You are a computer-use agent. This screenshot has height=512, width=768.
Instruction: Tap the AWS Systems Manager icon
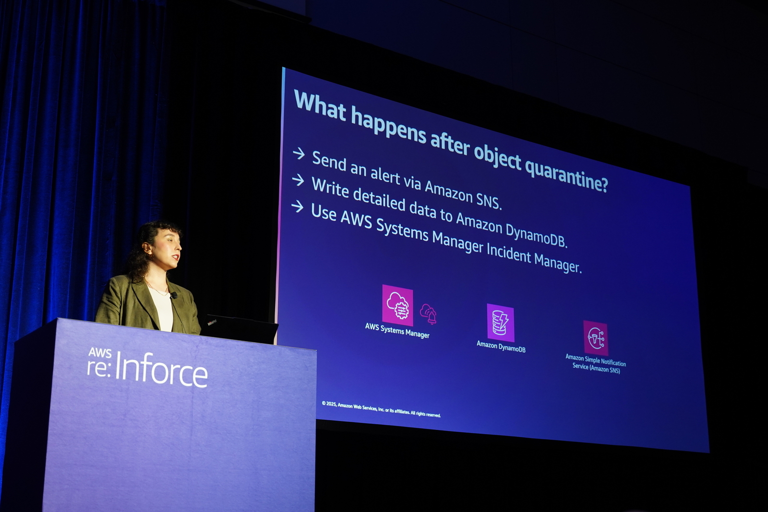(398, 305)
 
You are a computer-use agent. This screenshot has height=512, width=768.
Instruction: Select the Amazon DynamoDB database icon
(501, 322)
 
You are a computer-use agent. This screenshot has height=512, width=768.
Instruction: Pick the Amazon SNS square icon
(596, 338)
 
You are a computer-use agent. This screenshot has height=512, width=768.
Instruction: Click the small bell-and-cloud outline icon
(429, 313)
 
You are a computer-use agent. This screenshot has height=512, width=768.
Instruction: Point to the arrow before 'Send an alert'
(299, 154)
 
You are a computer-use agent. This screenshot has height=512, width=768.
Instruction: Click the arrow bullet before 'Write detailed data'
(298, 180)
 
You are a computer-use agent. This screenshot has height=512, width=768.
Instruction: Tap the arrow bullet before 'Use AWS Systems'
(298, 206)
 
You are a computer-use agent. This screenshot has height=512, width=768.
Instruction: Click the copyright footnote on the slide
(381, 409)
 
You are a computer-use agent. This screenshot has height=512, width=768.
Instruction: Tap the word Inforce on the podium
(161, 370)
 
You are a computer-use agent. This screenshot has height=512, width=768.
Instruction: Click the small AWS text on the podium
(100, 353)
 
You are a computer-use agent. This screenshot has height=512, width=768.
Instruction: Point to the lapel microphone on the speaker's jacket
(173, 295)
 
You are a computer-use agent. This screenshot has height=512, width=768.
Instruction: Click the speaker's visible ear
(147, 248)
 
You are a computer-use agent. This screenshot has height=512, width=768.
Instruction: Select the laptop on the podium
(239, 329)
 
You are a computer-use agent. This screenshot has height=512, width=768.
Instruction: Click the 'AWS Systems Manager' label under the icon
(397, 331)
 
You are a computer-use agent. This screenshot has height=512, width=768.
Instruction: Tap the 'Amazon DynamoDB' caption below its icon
(501, 346)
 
